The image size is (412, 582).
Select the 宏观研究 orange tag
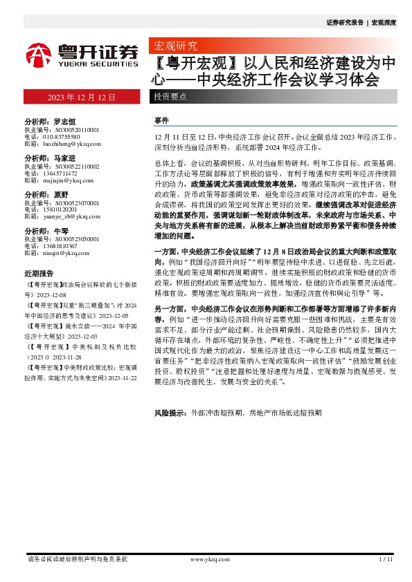pyautogui.click(x=174, y=46)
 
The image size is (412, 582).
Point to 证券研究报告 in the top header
pyautogui.click(x=344, y=22)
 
